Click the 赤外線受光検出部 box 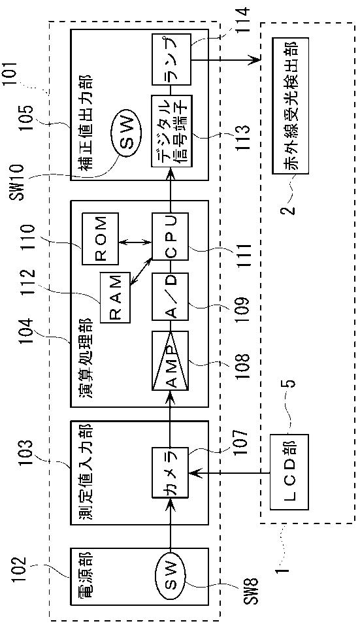tap(290, 106)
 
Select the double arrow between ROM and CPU tap(135, 242)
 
